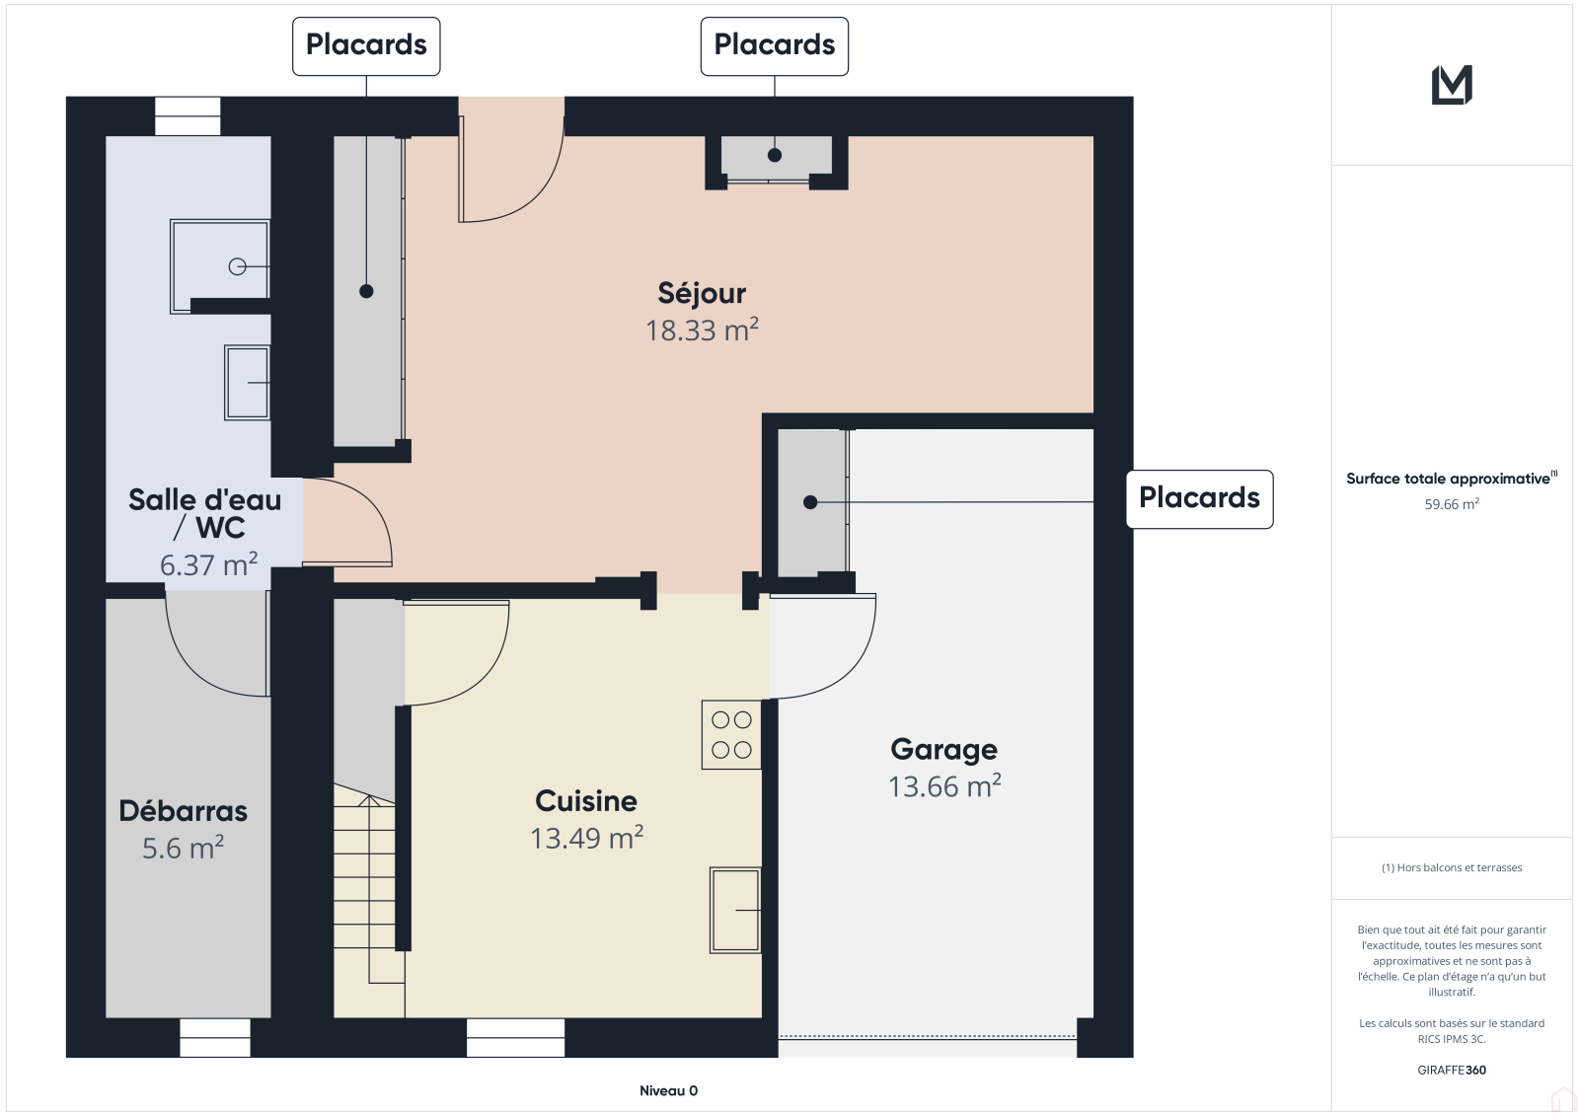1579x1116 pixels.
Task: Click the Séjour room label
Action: coord(702,293)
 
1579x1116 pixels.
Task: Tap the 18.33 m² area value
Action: coord(702,330)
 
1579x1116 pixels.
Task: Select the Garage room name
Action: coord(943,750)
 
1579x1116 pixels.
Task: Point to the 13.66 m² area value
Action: coord(944,786)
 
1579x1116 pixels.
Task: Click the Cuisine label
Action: coord(586,801)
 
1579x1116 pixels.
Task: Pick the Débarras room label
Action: coord(184,811)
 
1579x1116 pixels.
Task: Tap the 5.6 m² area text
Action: coord(184,848)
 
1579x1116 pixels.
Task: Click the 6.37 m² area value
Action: coord(208,564)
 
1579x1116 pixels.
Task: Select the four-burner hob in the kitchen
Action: coord(731,734)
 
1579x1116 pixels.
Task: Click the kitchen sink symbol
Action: coord(735,910)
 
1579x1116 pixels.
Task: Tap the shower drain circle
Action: coord(238,267)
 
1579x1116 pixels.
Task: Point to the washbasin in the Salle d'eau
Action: coord(247,383)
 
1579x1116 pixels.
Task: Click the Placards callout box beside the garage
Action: coord(1200,499)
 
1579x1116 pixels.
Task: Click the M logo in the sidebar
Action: coord(1452,85)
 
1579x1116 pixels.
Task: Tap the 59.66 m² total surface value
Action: coord(1452,504)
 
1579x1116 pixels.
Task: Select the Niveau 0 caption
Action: coord(668,1090)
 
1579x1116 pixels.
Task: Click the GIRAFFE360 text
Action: coord(1452,1070)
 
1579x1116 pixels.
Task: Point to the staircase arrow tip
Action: coord(369,795)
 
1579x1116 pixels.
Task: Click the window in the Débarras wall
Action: coord(215,1038)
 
